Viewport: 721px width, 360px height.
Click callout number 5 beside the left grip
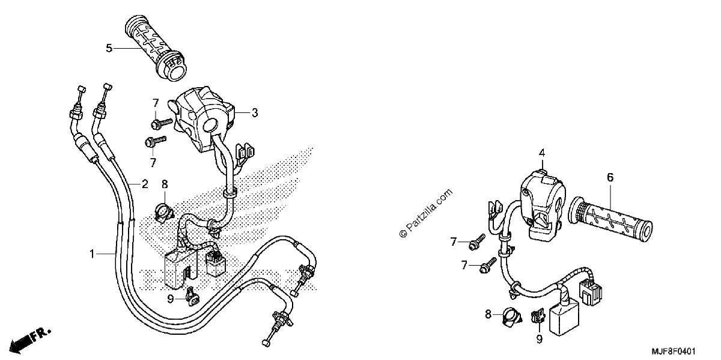point(109,48)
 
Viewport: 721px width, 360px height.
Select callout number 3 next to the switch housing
point(255,113)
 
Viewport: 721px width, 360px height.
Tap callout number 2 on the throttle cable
point(145,184)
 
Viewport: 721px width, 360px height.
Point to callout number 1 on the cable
point(92,254)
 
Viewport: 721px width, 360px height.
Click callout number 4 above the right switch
point(542,153)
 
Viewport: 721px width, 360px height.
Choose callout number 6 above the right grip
point(610,177)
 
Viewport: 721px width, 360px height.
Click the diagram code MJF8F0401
point(674,351)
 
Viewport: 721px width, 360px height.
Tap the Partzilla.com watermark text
point(425,213)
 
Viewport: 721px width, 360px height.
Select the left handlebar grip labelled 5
point(155,47)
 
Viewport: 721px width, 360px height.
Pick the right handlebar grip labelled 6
point(610,219)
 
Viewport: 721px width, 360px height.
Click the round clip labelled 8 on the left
point(163,213)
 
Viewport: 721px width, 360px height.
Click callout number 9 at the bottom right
point(539,339)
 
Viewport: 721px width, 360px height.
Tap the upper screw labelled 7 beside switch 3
point(162,123)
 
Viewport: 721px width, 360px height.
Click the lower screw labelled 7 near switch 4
point(488,265)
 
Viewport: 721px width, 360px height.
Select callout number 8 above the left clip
point(165,184)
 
